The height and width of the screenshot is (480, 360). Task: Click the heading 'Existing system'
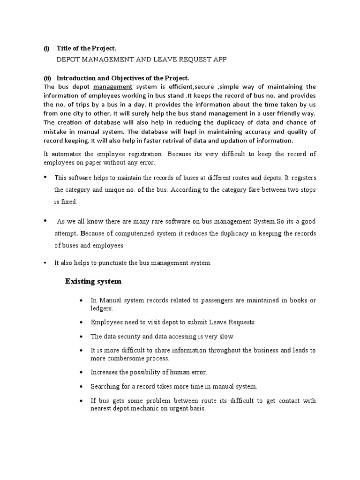tap(93, 281)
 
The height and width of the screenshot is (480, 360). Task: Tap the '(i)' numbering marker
tap(46, 48)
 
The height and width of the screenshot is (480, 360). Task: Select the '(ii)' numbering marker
tap(46, 78)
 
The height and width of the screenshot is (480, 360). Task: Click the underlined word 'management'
tap(112, 87)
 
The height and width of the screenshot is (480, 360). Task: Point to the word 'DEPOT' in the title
tap(67, 60)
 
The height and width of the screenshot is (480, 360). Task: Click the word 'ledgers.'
tap(102, 309)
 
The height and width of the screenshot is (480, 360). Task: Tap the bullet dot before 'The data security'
tap(82, 337)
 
